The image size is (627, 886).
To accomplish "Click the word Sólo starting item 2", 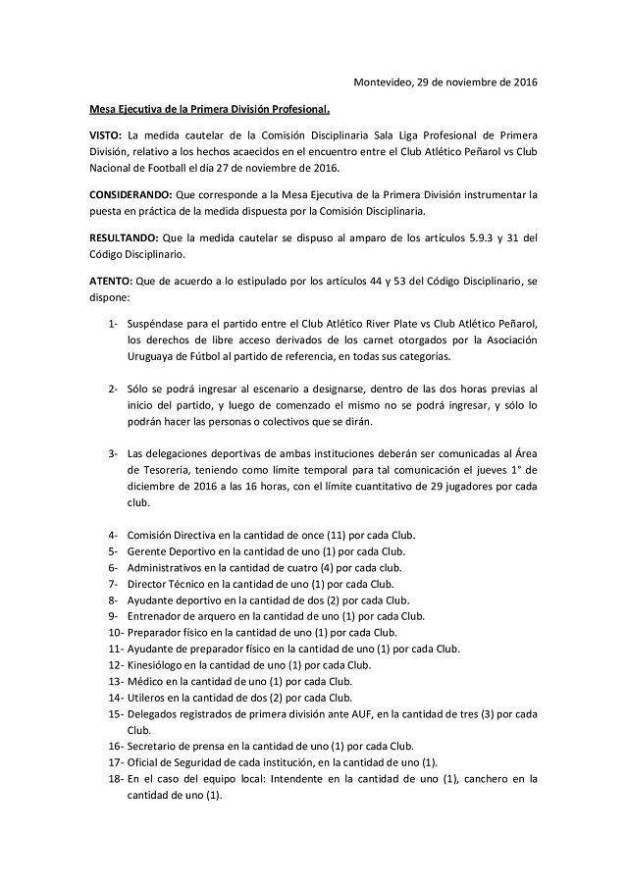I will tap(139, 391).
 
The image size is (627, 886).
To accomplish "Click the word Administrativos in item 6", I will tap(170, 567).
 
